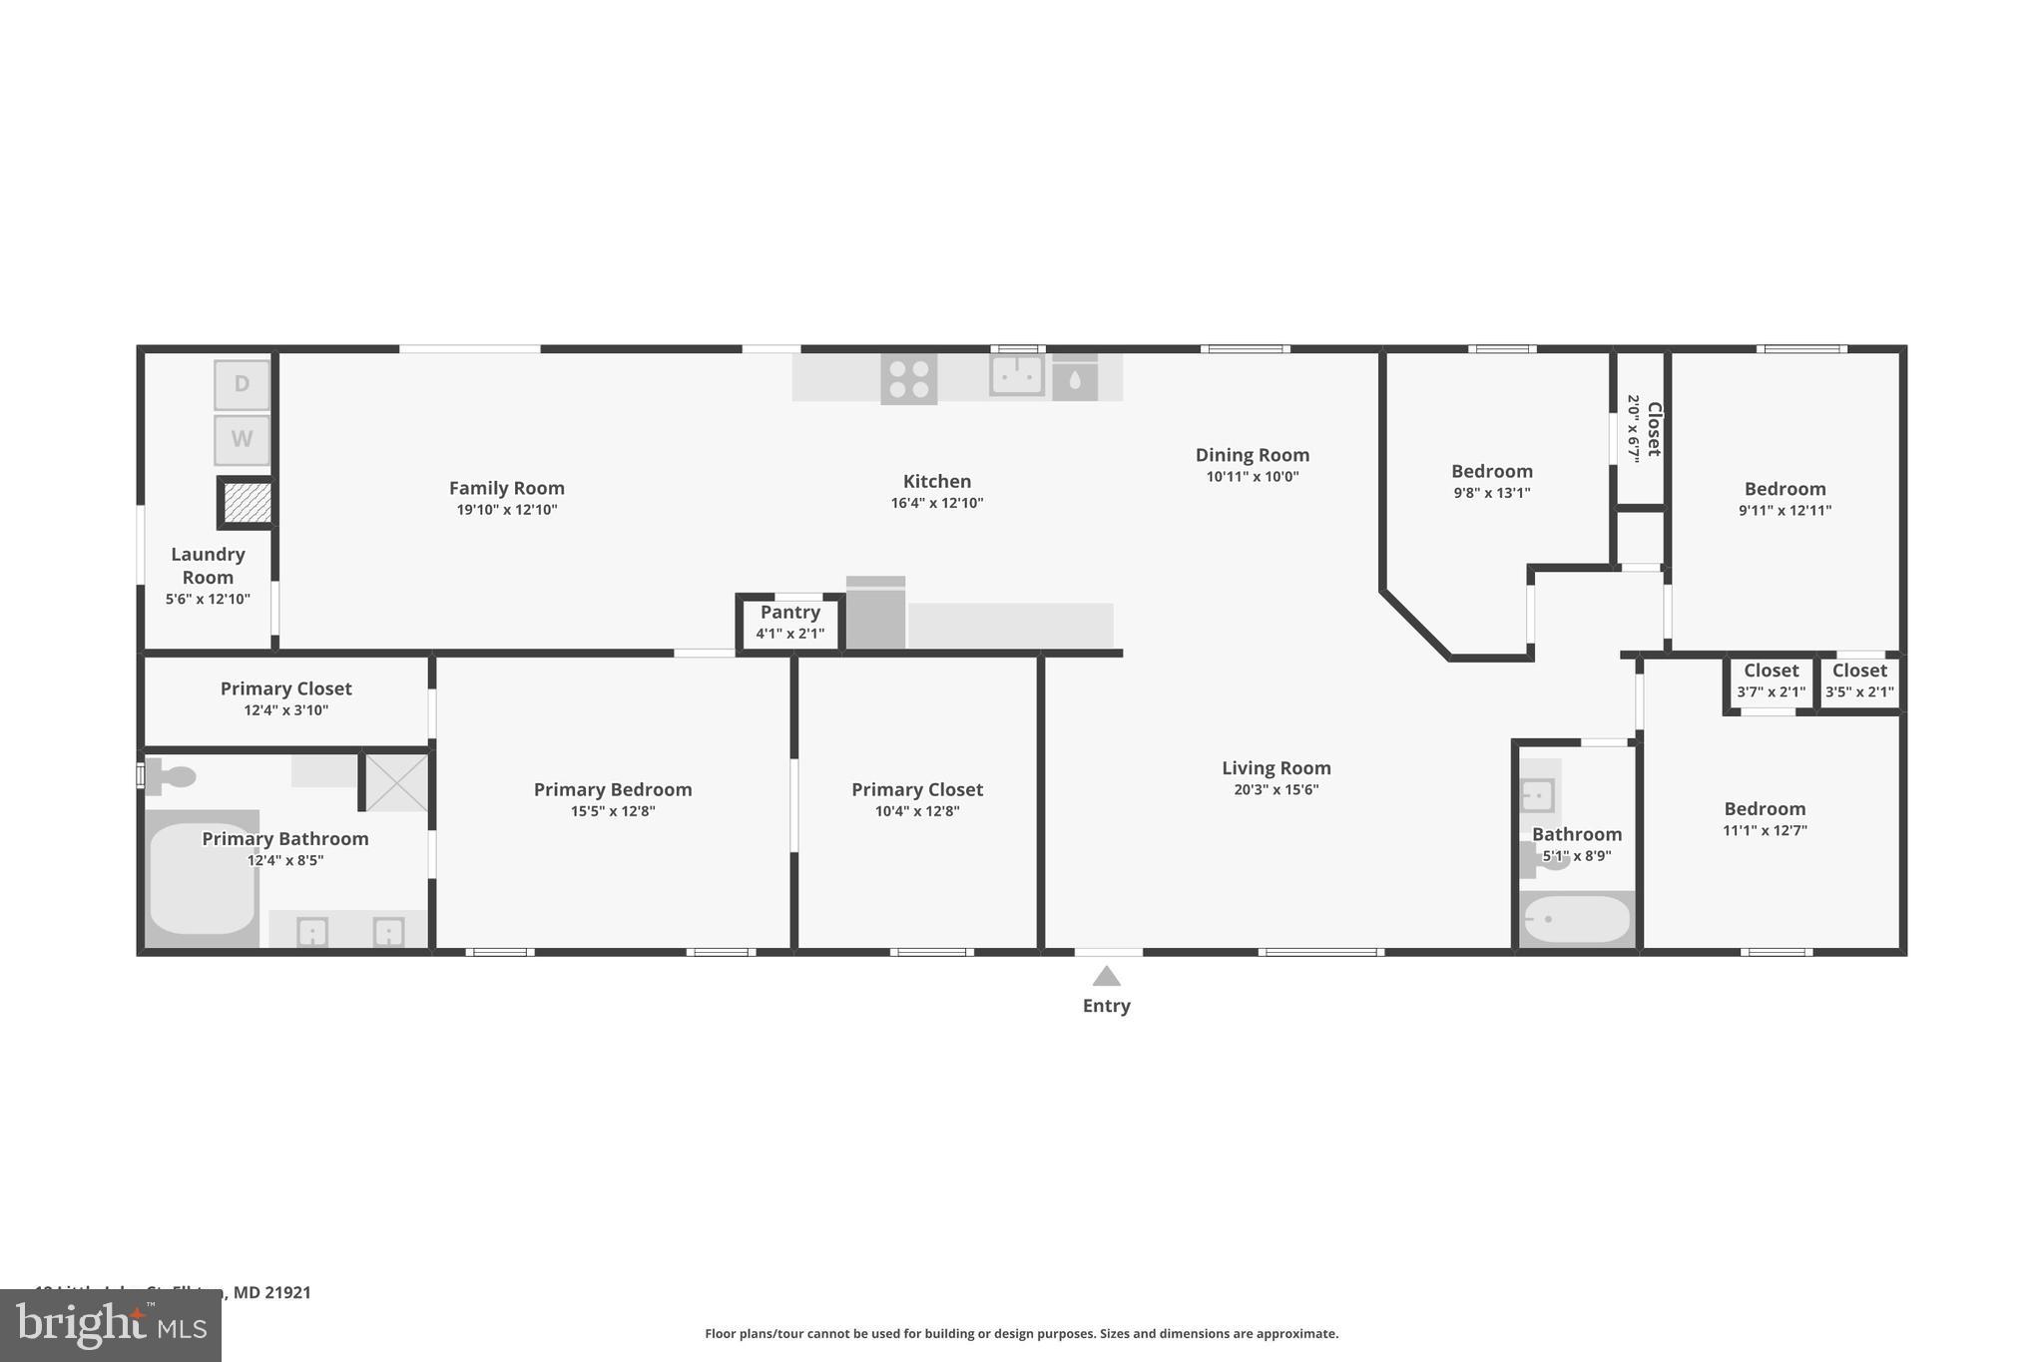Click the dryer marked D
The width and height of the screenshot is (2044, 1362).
pyautogui.click(x=242, y=384)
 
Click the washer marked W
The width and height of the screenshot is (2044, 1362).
pyautogui.click(x=242, y=439)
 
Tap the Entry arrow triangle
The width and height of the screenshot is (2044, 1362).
pyautogui.click(x=1106, y=976)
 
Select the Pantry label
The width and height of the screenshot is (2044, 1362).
pyautogui.click(x=789, y=612)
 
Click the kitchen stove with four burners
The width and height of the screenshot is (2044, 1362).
pyautogui.click(x=908, y=379)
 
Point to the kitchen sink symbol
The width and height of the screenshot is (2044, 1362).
pyautogui.click(x=1017, y=376)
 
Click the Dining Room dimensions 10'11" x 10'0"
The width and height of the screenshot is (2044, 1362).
pyautogui.click(x=1252, y=477)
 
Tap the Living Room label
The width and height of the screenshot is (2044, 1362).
pyautogui.click(x=1276, y=767)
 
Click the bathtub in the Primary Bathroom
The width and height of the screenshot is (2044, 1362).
pyautogui.click(x=202, y=878)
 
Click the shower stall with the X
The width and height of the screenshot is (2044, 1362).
pyautogui.click(x=395, y=782)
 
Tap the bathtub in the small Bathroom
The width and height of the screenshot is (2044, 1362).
pyautogui.click(x=1577, y=918)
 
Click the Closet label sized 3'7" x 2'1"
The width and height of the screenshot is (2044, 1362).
pyautogui.click(x=1771, y=671)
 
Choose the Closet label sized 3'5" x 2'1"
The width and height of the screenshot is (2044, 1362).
pyautogui.click(x=1859, y=671)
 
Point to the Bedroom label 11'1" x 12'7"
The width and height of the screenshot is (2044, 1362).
pyautogui.click(x=1765, y=808)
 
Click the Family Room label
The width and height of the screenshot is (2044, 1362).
pyautogui.click(x=506, y=488)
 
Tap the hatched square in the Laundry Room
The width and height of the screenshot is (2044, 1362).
pyautogui.click(x=247, y=502)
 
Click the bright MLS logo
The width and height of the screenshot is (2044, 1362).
pyautogui.click(x=110, y=1325)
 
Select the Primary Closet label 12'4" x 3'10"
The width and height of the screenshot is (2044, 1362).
pyautogui.click(x=285, y=688)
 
